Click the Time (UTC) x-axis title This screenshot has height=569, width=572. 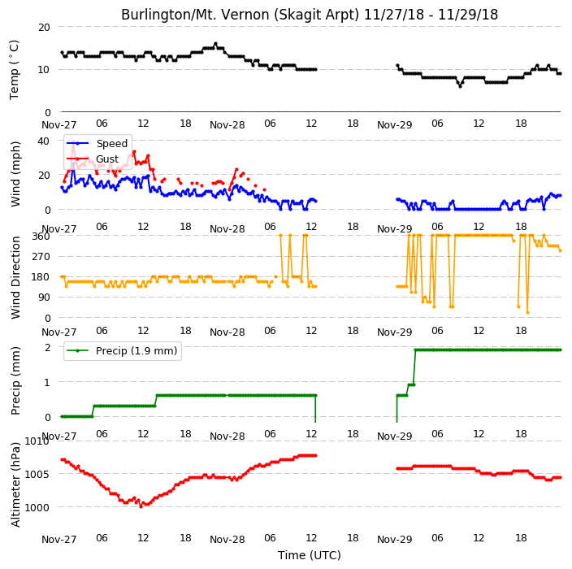coord(310,555)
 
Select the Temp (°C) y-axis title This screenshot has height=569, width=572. coord(15,70)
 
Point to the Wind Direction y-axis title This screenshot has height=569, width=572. coord(15,278)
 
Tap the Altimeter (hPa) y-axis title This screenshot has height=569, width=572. coord(15,484)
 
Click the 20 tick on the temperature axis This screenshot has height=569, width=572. coord(44,28)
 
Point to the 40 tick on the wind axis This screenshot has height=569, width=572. coord(44,141)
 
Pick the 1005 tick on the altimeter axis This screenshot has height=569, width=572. coord(37,475)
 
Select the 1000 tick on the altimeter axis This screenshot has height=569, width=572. coord(37,508)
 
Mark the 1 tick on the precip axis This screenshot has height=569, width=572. coord(47,383)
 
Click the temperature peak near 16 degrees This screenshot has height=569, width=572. coord(215,44)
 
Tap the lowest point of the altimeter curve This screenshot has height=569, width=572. coord(141,506)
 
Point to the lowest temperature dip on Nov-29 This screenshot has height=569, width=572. coord(461,86)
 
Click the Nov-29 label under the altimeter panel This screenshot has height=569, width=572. coord(394,540)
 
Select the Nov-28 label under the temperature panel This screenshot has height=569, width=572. coord(227,125)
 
